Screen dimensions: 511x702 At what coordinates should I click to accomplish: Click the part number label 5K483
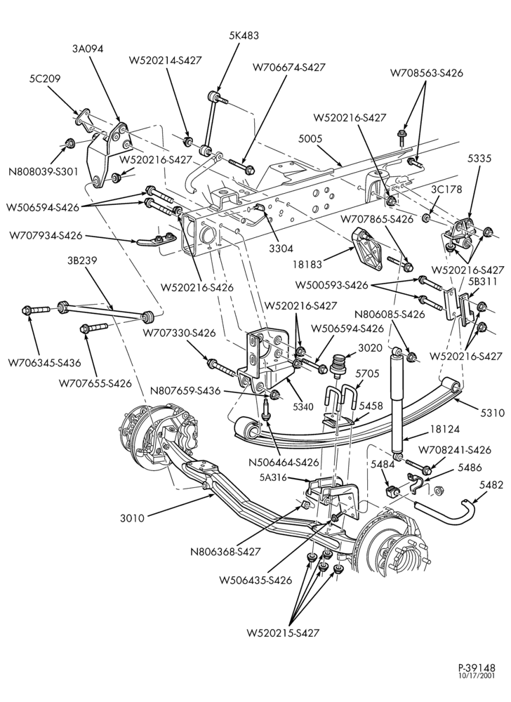244,35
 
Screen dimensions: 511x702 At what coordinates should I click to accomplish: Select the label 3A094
88,49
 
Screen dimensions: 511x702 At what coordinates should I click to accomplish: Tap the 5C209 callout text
45,79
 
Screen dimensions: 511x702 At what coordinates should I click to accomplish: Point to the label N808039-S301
44,171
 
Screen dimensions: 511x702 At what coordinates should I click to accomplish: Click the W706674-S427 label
288,67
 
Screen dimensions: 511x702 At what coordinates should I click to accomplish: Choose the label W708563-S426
427,72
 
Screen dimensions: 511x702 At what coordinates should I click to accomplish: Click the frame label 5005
310,139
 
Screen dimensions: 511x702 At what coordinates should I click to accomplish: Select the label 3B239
82,260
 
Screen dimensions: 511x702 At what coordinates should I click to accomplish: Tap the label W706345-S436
44,363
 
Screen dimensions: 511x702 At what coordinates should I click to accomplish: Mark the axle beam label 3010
132,518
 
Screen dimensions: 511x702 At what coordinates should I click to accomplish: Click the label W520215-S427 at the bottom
283,633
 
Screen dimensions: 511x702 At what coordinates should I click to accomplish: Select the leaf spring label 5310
491,412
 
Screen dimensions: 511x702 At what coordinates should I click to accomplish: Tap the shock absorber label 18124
444,430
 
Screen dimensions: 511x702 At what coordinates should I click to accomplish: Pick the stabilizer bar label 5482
491,485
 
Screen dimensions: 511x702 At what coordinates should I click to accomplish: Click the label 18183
307,264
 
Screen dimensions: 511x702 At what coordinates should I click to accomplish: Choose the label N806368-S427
225,552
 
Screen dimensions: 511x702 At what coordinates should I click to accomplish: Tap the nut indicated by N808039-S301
69,143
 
